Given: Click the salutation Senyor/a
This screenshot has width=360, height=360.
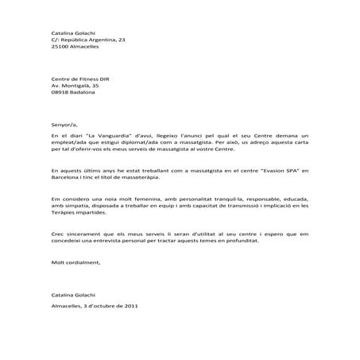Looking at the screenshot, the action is (63, 123).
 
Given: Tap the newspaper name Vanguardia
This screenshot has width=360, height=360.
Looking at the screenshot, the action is (126, 137).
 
